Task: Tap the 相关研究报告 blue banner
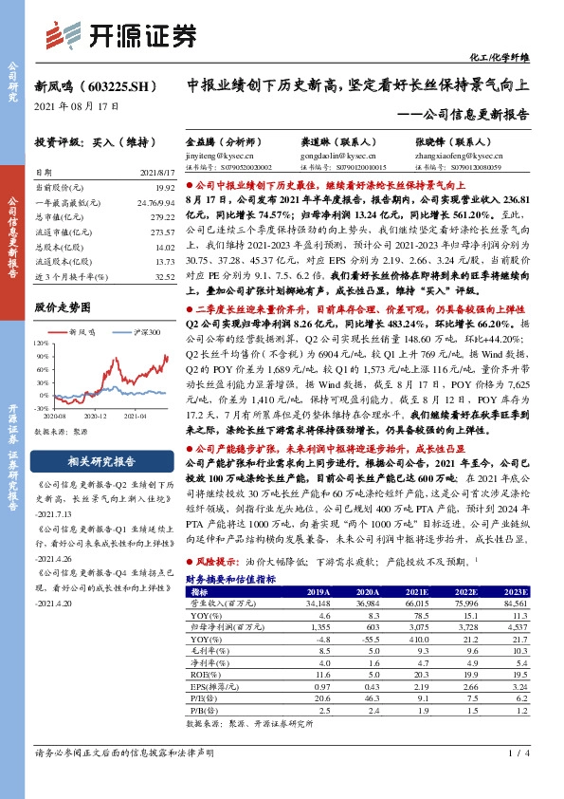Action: pos(103,462)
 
